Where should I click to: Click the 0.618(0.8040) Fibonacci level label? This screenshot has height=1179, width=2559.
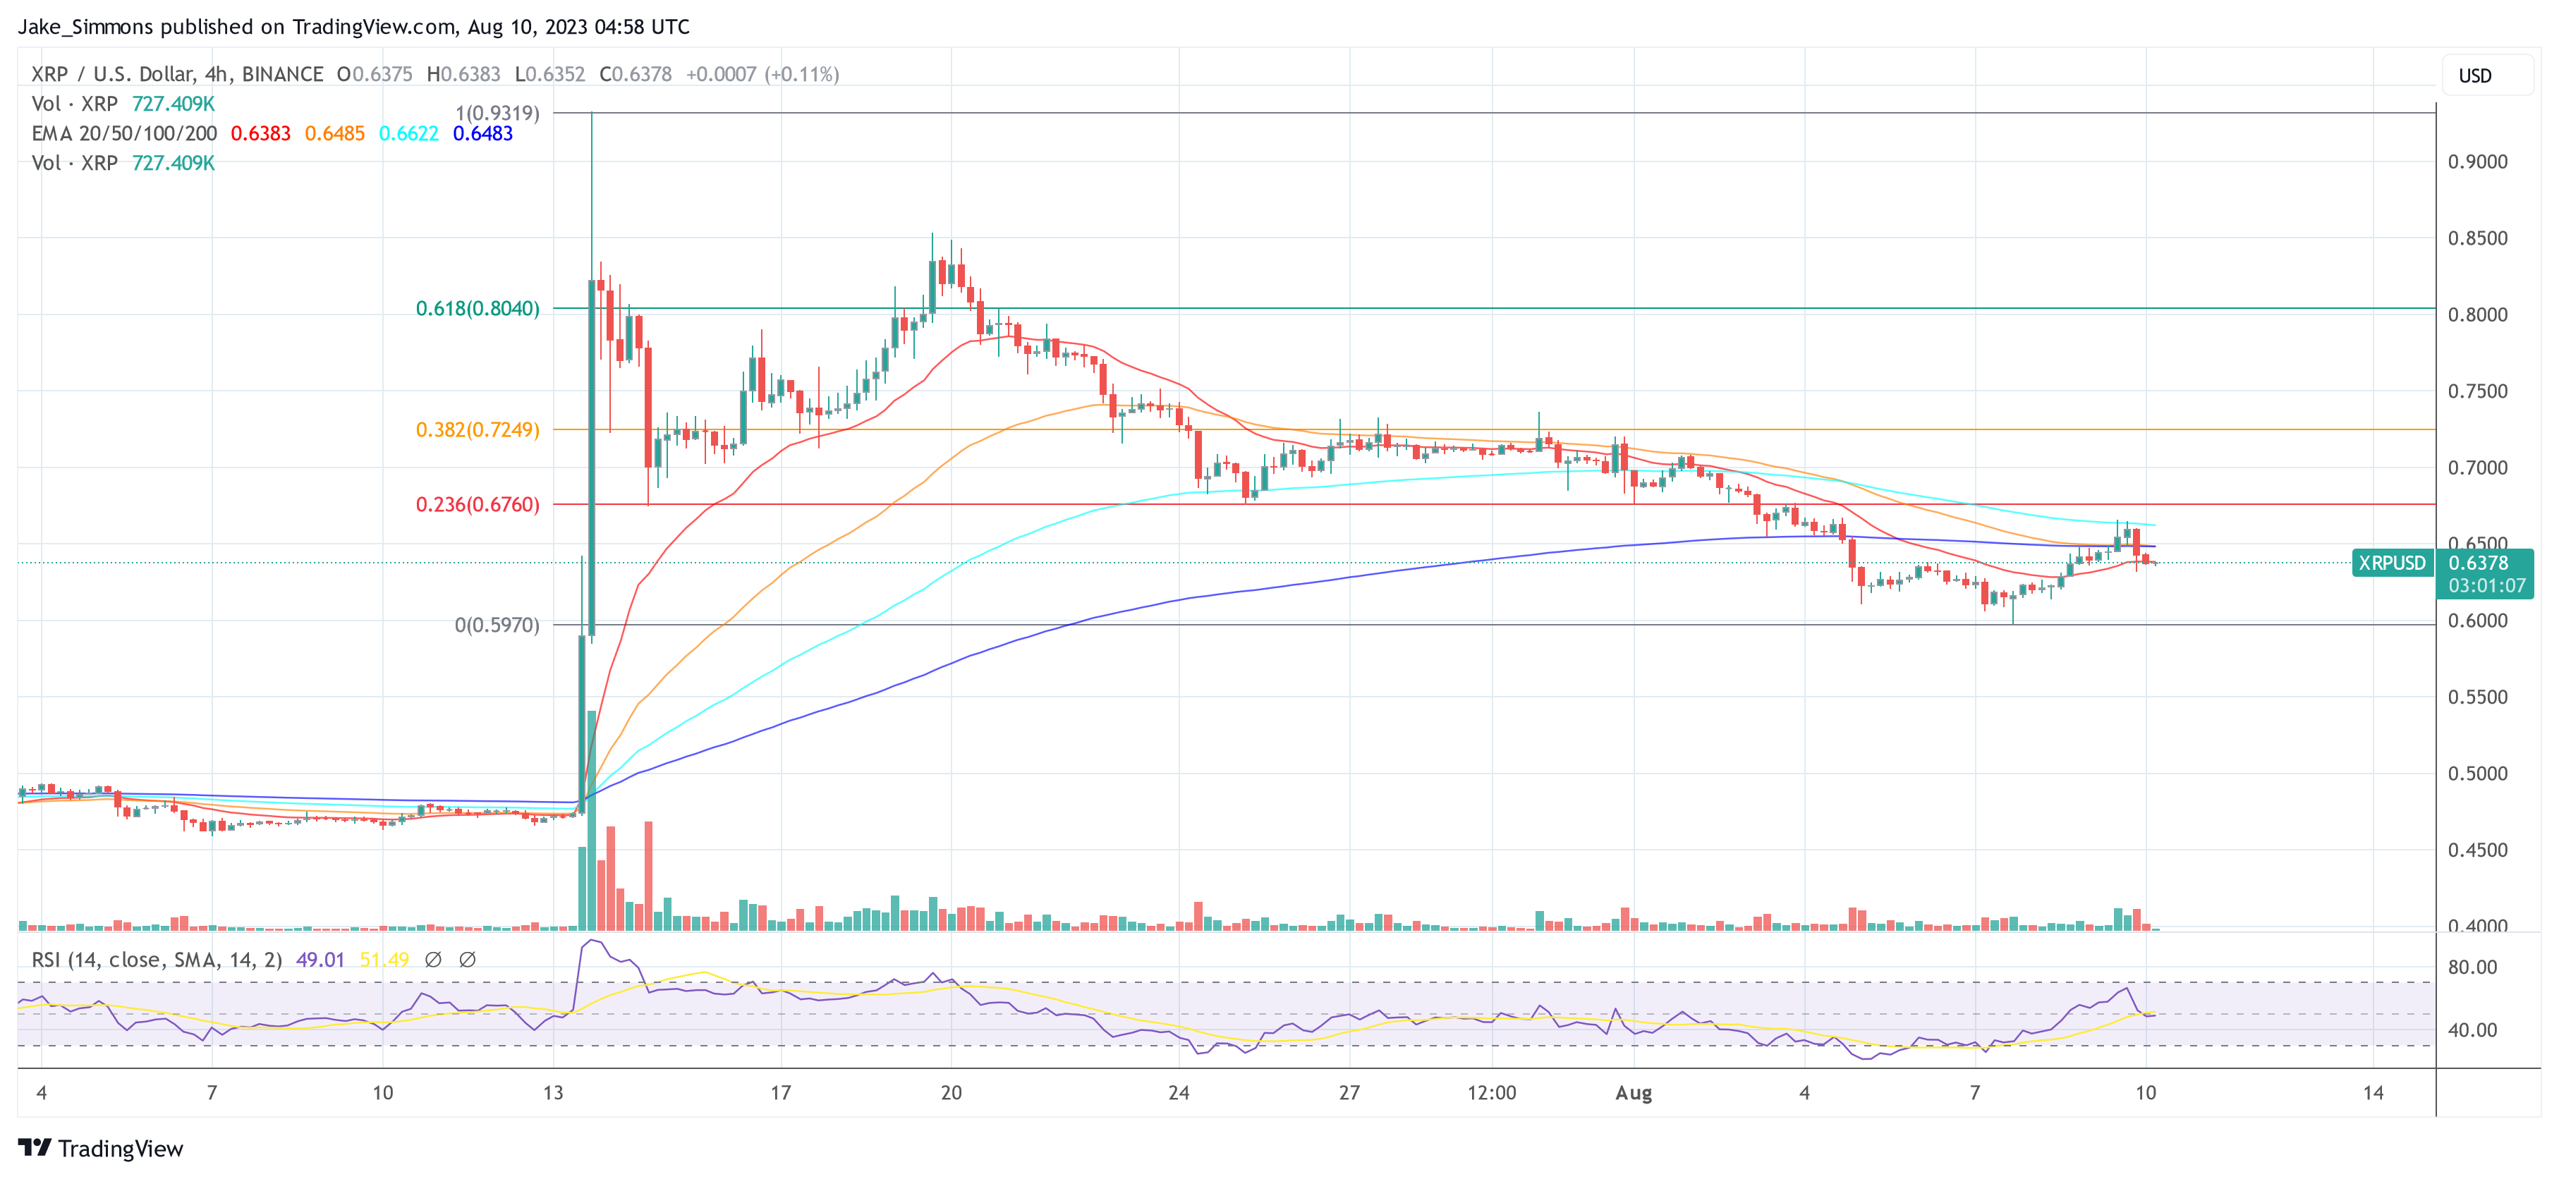477,309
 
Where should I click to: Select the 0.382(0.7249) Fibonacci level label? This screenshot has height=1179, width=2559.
477,430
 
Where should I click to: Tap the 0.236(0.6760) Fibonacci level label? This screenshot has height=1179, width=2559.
477,505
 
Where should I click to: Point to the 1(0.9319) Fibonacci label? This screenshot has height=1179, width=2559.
497,114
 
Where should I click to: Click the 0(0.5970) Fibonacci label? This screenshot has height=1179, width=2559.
497,625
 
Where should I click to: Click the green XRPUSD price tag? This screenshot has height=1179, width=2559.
2391,563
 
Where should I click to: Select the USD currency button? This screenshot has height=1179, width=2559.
2474,76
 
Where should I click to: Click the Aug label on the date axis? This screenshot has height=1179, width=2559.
1633,1094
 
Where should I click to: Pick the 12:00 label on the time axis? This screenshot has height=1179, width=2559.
1491,1094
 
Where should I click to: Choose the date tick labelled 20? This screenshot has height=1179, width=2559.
951,1094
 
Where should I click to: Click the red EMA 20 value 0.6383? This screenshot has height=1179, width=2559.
260,134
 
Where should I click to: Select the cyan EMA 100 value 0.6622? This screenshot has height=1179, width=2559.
408,134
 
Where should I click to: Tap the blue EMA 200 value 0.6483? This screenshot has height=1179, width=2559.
482,134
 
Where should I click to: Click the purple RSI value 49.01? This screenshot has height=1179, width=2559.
320,960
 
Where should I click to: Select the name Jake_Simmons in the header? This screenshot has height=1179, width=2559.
85,27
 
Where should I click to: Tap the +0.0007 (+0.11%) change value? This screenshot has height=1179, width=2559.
762,75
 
